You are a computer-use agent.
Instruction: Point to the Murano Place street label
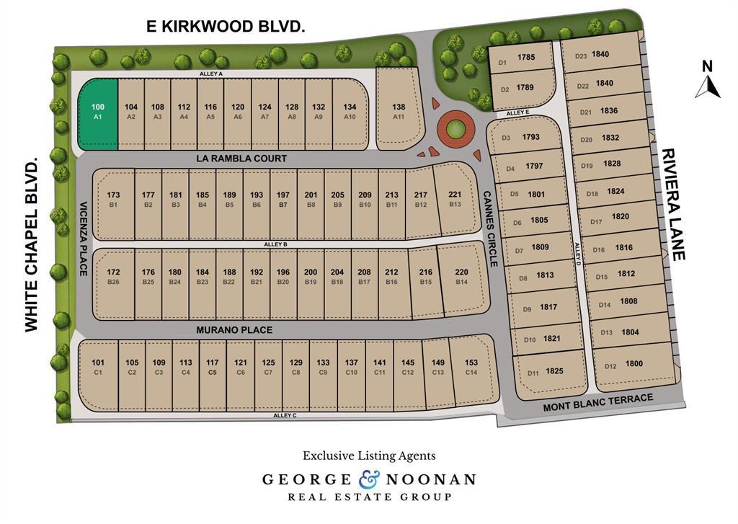pos(234,330)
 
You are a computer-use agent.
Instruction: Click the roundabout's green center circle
pos(455,130)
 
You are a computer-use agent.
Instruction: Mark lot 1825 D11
pos(551,372)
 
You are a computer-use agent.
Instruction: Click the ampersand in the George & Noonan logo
pos(368,479)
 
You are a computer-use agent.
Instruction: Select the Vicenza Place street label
pos(84,238)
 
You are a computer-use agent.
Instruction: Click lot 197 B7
pos(283,200)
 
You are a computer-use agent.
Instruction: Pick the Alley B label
pos(275,245)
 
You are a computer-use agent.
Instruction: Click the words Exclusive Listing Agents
pos(368,456)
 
